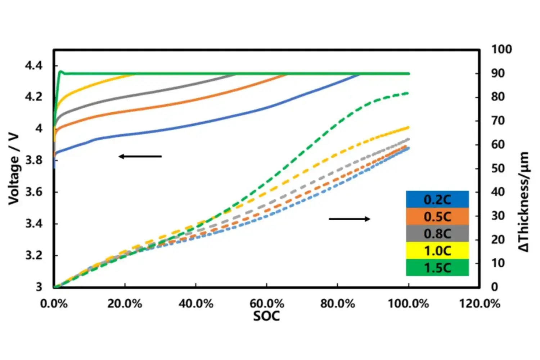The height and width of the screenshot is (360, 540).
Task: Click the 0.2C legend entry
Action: [437, 199]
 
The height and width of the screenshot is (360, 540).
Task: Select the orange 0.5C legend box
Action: [437, 217]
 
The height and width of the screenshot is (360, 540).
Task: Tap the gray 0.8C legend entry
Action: [437, 234]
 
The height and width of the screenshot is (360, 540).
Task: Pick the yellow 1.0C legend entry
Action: [437, 251]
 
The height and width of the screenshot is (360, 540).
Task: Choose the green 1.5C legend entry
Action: [437, 267]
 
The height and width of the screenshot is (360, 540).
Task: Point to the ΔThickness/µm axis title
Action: [524, 202]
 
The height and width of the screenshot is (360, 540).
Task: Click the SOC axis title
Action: [266, 316]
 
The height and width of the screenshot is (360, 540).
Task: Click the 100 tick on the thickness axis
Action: [501, 49]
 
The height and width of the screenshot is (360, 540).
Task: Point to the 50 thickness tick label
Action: [498, 168]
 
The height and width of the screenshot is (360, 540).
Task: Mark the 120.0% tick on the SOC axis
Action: [480, 304]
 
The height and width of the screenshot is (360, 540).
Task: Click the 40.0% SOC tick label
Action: [196, 304]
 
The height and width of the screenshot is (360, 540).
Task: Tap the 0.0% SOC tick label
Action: [54, 304]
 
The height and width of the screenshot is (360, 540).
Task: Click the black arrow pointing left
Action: [140, 156]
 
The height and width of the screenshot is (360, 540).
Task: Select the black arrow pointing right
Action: [349, 219]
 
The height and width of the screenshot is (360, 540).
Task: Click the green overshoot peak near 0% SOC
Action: [61, 71]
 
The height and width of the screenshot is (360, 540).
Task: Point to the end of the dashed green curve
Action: [408, 93]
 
